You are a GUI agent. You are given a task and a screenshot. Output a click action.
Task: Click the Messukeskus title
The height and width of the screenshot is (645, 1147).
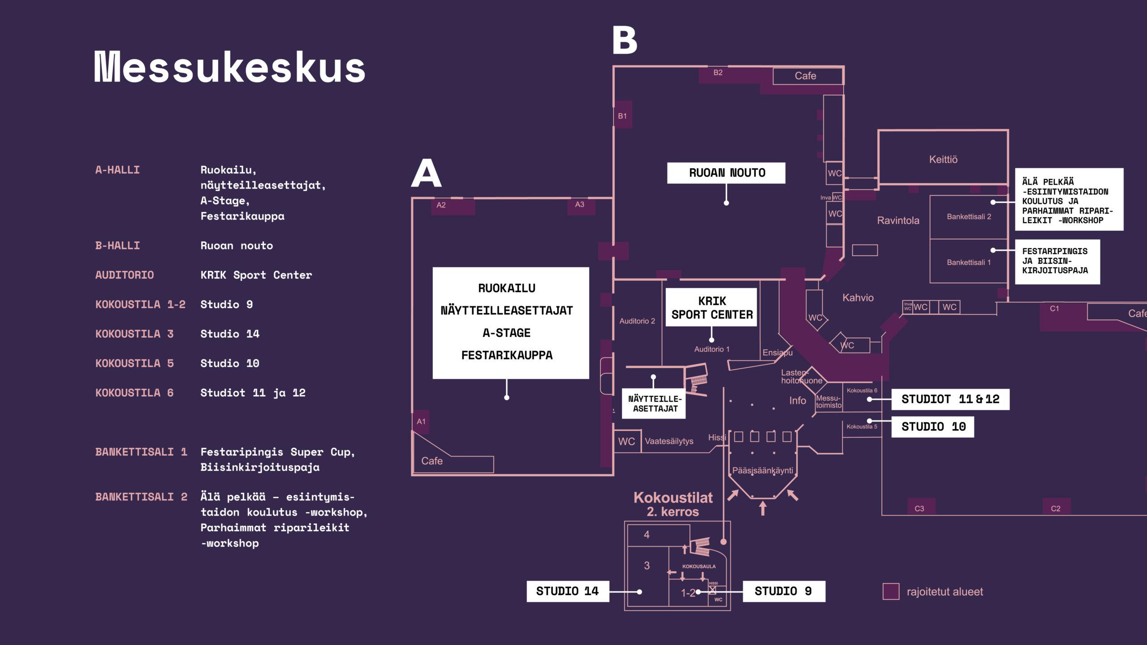tap(229, 67)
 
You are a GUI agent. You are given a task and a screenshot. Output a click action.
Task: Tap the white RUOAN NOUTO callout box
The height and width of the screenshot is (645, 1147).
tap(726, 173)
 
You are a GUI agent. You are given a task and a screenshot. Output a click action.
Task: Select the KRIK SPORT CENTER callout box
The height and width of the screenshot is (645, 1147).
tap(711, 308)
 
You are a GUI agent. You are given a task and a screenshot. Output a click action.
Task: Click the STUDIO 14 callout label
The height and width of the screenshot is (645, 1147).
tap(567, 591)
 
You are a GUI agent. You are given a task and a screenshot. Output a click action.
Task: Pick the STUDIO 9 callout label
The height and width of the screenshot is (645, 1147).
tap(783, 591)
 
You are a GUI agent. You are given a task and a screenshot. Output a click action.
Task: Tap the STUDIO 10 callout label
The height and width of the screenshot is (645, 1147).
tap(933, 426)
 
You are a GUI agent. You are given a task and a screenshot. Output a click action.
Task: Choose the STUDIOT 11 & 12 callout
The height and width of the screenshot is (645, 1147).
tap(950, 399)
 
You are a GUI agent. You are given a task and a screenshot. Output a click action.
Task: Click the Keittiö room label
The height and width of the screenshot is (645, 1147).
tap(943, 159)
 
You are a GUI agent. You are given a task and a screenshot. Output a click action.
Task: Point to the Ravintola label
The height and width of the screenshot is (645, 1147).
tap(898, 220)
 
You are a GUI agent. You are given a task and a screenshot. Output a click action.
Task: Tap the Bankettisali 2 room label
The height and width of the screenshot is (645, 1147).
tap(969, 217)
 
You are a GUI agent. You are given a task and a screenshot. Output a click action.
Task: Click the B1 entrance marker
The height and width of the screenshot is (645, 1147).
tap(622, 116)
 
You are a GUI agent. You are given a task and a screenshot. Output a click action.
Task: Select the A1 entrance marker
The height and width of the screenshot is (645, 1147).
tap(421, 421)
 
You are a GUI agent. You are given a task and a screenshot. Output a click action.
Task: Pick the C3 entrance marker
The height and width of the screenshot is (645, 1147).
tap(919, 508)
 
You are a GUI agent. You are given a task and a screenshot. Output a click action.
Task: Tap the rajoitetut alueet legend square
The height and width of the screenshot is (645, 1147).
tap(891, 591)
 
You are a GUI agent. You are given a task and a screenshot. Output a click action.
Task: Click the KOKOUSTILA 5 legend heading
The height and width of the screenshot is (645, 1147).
tap(134, 363)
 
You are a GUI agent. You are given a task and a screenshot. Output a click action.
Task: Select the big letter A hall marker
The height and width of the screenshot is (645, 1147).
tap(426, 174)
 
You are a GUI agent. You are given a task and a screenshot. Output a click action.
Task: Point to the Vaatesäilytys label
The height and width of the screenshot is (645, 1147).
tap(669, 441)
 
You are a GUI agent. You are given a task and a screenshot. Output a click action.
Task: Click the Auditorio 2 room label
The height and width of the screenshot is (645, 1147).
tap(637, 321)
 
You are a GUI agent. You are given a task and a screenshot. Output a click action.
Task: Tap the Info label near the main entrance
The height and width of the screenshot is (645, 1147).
tap(798, 400)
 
